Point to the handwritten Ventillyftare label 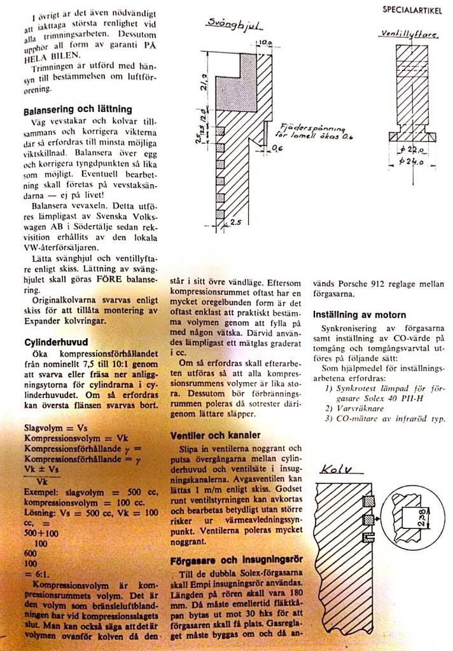pyautogui.click(x=410, y=32)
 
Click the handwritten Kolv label pyautogui.click(x=338, y=471)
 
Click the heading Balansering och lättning pyautogui.click(x=78, y=110)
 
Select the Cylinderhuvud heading pyautogui.click(x=52, y=342)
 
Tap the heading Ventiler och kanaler pyautogui.click(x=215, y=435)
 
